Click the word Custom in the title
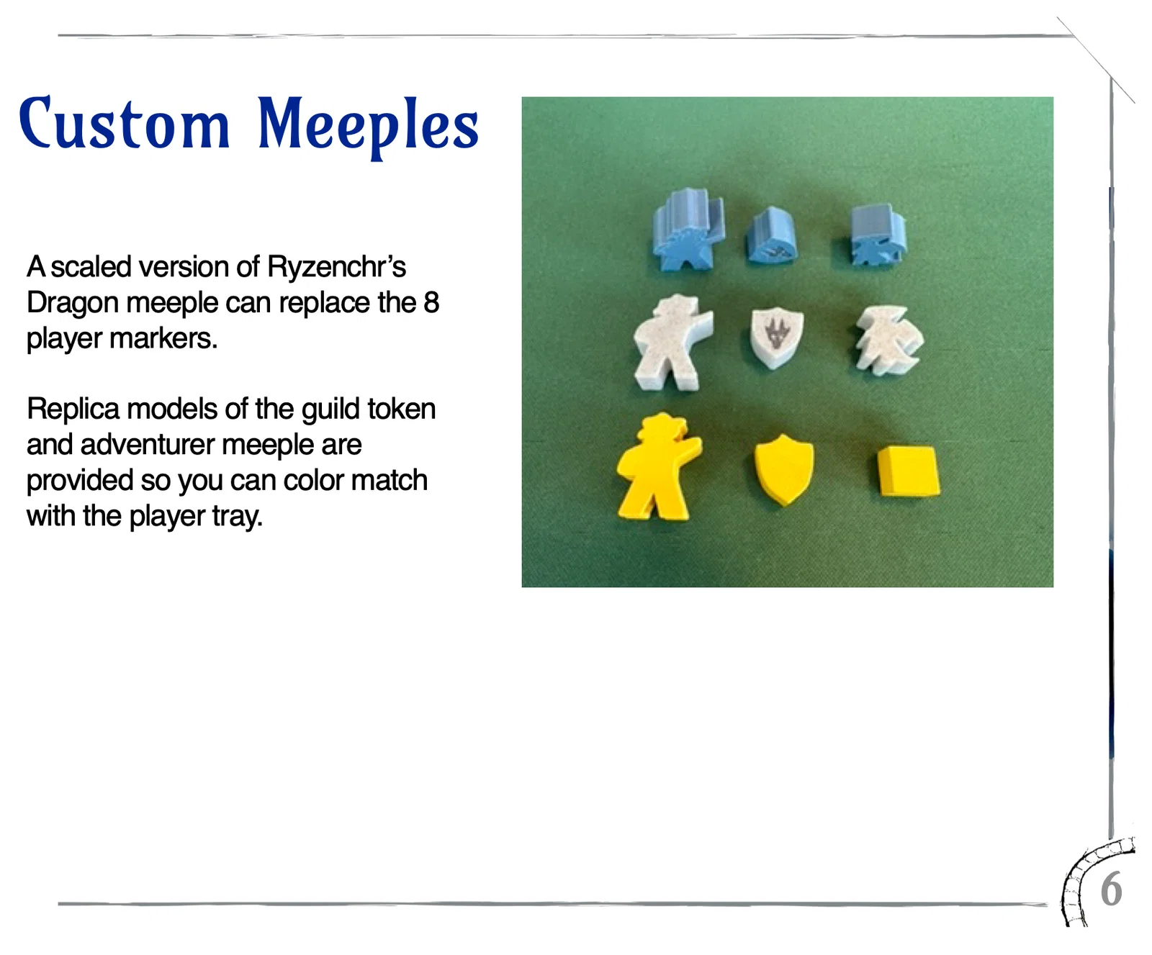(x=125, y=123)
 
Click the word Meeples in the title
(x=368, y=127)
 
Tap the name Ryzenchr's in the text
(x=336, y=267)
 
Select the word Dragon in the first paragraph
(x=73, y=304)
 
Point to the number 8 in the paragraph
(x=431, y=302)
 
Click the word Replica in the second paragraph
(x=73, y=409)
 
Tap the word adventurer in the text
(x=148, y=445)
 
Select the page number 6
(x=1112, y=890)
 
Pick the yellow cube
(x=909, y=471)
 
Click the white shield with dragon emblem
(x=777, y=337)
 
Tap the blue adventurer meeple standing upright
(x=687, y=228)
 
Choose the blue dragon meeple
(x=877, y=235)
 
